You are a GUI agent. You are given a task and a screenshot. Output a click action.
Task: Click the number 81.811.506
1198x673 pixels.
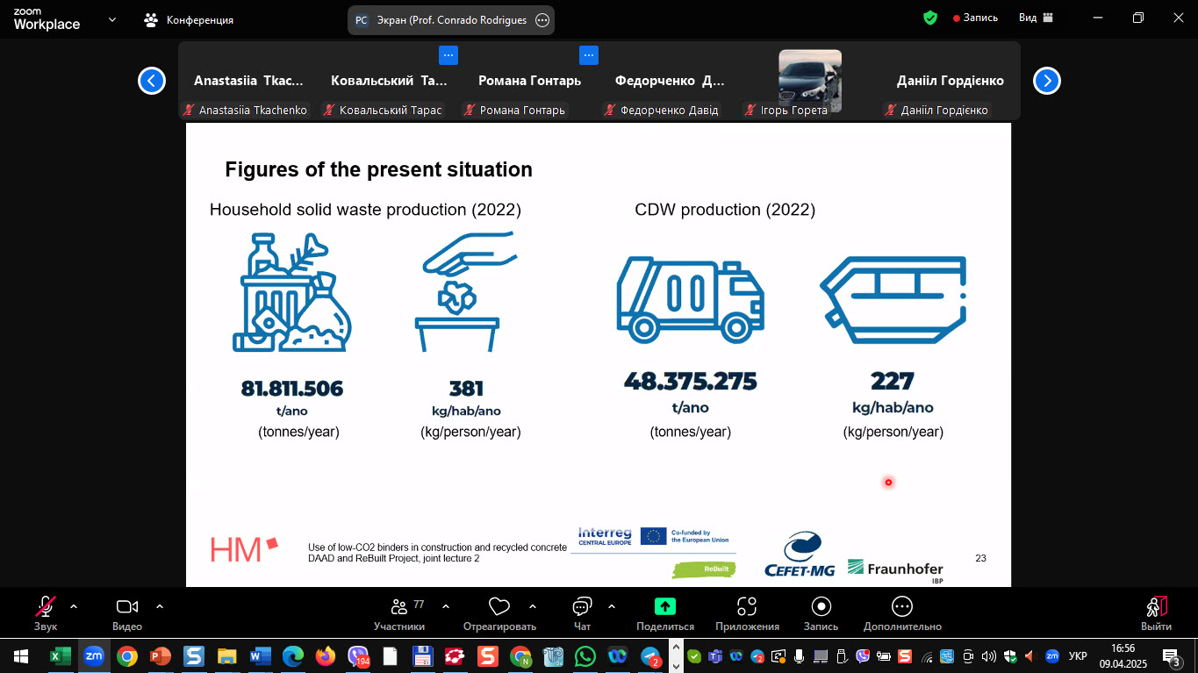tap(292, 389)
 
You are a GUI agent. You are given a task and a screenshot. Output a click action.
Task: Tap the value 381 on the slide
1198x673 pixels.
tap(466, 389)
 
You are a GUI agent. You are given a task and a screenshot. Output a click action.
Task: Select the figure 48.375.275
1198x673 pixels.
tap(691, 381)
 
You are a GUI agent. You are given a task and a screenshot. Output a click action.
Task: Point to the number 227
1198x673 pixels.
tap(892, 381)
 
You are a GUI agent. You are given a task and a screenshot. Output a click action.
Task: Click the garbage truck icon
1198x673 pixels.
tap(690, 300)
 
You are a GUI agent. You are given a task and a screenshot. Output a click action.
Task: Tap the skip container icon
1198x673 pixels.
tap(893, 300)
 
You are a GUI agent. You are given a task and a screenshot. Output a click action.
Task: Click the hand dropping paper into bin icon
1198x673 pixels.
tap(466, 291)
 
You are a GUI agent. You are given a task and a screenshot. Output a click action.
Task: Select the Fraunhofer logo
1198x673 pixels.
tap(895, 570)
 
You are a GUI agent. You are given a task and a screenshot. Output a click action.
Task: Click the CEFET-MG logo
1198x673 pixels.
tap(800, 555)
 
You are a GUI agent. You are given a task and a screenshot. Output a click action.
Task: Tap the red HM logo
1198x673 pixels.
tap(244, 549)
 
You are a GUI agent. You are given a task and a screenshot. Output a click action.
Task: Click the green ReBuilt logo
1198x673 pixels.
tap(704, 569)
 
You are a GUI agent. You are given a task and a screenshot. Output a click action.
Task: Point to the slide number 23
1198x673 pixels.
tap(980, 558)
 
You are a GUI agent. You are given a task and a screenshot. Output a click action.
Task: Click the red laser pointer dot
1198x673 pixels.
tap(888, 483)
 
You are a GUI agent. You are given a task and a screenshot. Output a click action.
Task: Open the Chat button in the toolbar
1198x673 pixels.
tap(582, 613)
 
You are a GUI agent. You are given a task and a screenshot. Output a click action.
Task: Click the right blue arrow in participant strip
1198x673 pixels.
tap(1047, 81)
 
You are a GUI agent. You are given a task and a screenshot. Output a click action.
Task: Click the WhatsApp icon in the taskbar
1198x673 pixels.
tap(585, 656)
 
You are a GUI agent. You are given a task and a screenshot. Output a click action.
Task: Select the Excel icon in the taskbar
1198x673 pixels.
tap(61, 656)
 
